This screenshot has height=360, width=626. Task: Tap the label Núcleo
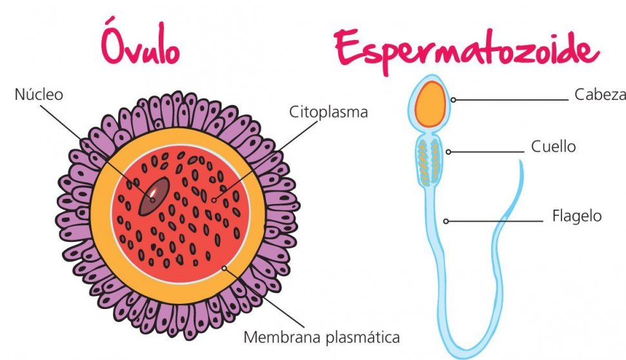[39, 94]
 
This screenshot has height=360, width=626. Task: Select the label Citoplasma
[328, 112]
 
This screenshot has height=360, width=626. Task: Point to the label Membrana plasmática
[321, 337]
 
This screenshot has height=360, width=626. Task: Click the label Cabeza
[600, 95]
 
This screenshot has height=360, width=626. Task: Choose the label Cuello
[553, 146]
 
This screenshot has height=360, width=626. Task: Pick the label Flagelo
[576, 215]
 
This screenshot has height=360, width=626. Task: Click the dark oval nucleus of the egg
[154, 196]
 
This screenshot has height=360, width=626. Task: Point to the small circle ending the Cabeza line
[454, 100]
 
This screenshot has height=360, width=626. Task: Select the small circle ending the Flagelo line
[446, 221]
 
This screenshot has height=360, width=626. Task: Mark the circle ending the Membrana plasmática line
[224, 266]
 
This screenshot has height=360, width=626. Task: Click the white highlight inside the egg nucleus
[154, 192]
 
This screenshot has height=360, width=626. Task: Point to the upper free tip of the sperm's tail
[521, 163]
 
